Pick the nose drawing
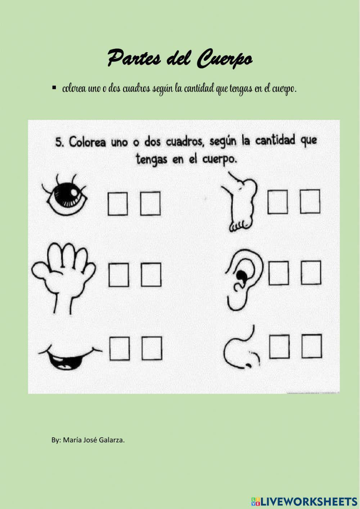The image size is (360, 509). (241, 349)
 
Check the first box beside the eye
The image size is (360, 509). (118, 204)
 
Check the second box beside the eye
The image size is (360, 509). (150, 204)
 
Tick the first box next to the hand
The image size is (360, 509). (118, 275)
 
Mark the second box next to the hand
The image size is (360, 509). (151, 275)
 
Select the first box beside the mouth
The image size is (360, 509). (120, 348)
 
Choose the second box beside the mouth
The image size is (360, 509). (152, 348)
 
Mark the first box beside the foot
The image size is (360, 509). (278, 202)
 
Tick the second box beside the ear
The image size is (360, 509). (311, 273)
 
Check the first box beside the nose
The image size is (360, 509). (279, 347)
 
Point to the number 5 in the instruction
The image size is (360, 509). (59, 142)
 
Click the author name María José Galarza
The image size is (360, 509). (93, 440)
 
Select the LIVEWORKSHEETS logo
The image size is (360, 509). (304, 501)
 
